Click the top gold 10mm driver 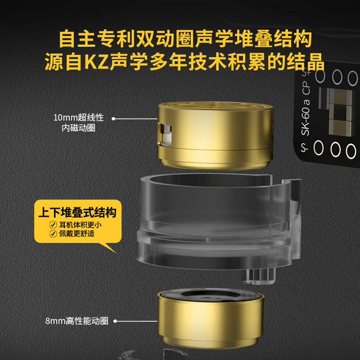click(x=216, y=135)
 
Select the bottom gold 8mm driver click(x=211, y=319)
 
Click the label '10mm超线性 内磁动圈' click(x=78, y=123)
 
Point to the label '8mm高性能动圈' click(x=77, y=321)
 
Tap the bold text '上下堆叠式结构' click(x=77, y=212)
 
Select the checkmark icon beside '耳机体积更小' click(x=53, y=225)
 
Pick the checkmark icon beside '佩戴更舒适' click(x=53, y=234)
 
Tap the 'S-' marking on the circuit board click(x=305, y=148)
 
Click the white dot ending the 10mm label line click(x=113, y=119)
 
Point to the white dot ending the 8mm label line click(x=115, y=321)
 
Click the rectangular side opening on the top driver click(x=165, y=135)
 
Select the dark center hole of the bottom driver click(x=211, y=294)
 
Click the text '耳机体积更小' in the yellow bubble click(x=81, y=225)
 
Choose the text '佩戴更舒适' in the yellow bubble click(x=77, y=234)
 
